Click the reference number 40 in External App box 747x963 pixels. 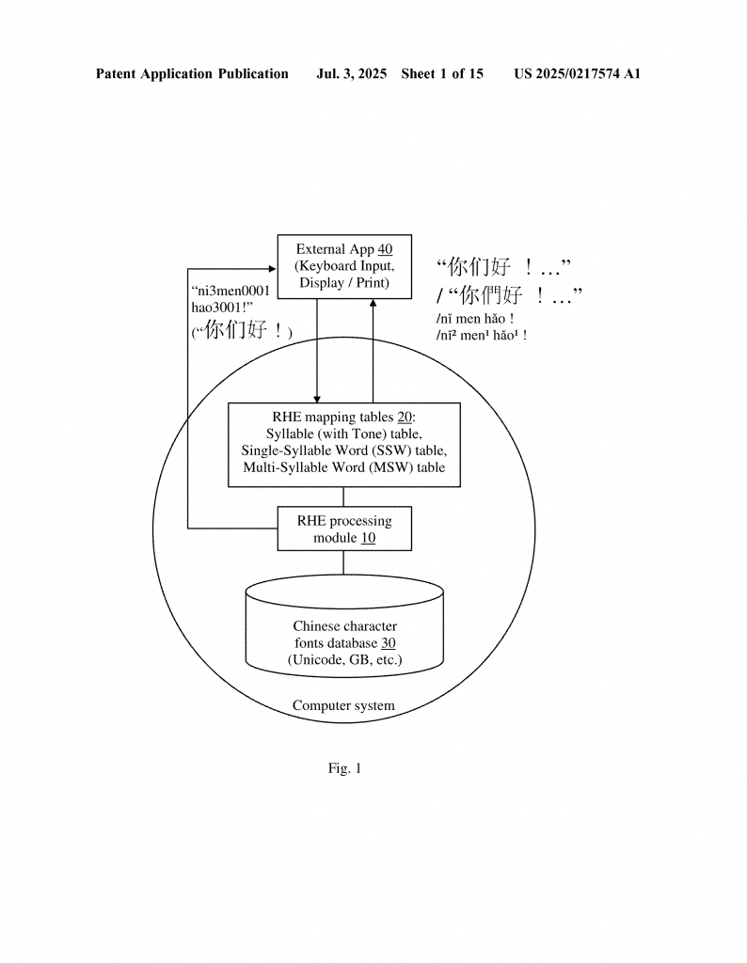(385, 249)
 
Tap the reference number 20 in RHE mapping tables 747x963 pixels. (405, 417)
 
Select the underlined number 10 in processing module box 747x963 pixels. (368, 538)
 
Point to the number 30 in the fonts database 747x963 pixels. (389, 643)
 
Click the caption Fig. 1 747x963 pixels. (344, 768)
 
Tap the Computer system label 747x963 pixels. (343, 705)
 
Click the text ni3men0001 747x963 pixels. (231, 292)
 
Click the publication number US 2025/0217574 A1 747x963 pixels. (578, 74)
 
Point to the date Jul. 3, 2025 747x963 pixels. (351, 74)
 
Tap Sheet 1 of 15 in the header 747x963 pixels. (442, 74)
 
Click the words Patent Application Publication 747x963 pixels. (192, 74)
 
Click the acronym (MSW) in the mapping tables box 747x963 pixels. (390, 467)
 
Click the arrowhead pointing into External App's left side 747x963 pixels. (274, 269)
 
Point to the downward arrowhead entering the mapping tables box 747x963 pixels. (317, 399)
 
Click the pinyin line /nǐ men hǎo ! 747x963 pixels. (475, 319)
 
